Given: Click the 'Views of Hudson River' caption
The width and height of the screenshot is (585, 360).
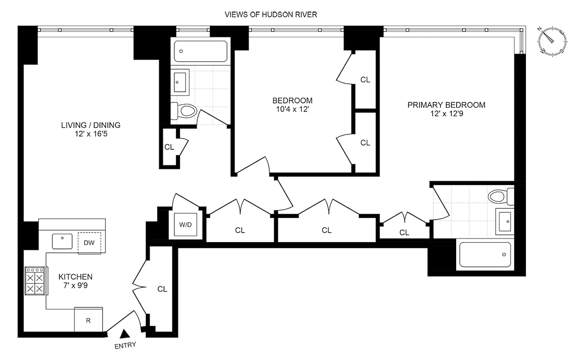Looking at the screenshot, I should click(x=271, y=14).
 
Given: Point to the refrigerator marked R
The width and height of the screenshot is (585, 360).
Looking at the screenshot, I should click(x=88, y=320).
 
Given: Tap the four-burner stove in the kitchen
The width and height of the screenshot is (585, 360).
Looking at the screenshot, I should click(x=35, y=281).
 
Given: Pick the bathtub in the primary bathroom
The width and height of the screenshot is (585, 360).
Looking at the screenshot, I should click(x=484, y=256).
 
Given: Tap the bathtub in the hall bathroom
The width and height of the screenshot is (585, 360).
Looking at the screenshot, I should click(x=200, y=51).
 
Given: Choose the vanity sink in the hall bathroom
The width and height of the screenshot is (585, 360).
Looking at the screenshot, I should click(x=180, y=82).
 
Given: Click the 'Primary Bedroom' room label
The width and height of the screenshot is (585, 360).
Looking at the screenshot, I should click(x=446, y=105).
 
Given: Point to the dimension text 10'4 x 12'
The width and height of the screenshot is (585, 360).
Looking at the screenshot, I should click(x=292, y=109).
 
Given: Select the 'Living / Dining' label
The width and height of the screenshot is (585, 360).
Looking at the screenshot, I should click(x=91, y=125).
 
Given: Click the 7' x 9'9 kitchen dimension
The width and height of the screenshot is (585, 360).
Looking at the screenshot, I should click(x=75, y=286).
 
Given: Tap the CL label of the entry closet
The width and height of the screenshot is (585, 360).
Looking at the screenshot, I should click(x=162, y=289).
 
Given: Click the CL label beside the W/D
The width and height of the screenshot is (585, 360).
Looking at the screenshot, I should click(x=240, y=230).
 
